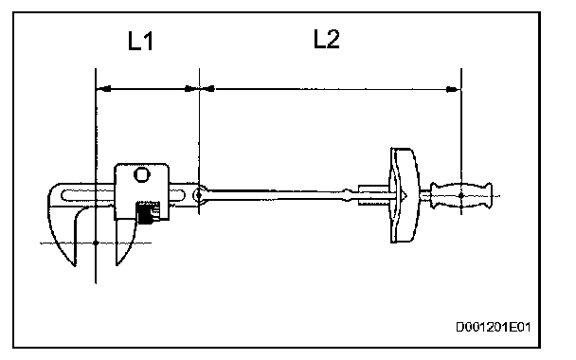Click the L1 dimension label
[x=140, y=41]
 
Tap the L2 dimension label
[x=327, y=39]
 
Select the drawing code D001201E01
[x=494, y=327]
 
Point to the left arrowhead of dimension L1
[x=103, y=88]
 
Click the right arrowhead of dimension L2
[x=453, y=89]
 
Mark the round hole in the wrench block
[x=142, y=174]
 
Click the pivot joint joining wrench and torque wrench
[x=199, y=195]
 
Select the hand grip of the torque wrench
[x=461, y=195]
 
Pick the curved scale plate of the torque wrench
[x=404, y=195]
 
